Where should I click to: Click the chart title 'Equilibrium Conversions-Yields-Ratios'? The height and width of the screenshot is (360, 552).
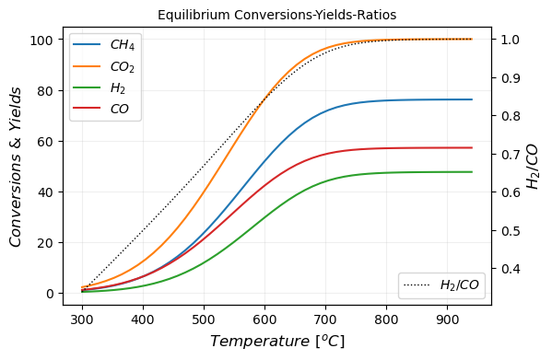tap(276, 15)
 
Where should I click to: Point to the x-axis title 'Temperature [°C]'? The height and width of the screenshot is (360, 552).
tap(276, 342)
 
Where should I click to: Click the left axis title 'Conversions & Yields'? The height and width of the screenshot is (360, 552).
tap(16, 167)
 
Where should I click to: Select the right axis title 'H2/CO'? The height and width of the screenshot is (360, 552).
tap(534, 167)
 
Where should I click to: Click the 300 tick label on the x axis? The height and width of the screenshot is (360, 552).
tap(82, 319)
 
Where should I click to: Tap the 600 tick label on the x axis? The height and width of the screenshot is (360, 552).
tap(264, 319)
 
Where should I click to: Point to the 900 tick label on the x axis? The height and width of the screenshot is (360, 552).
tap(447, 319)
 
